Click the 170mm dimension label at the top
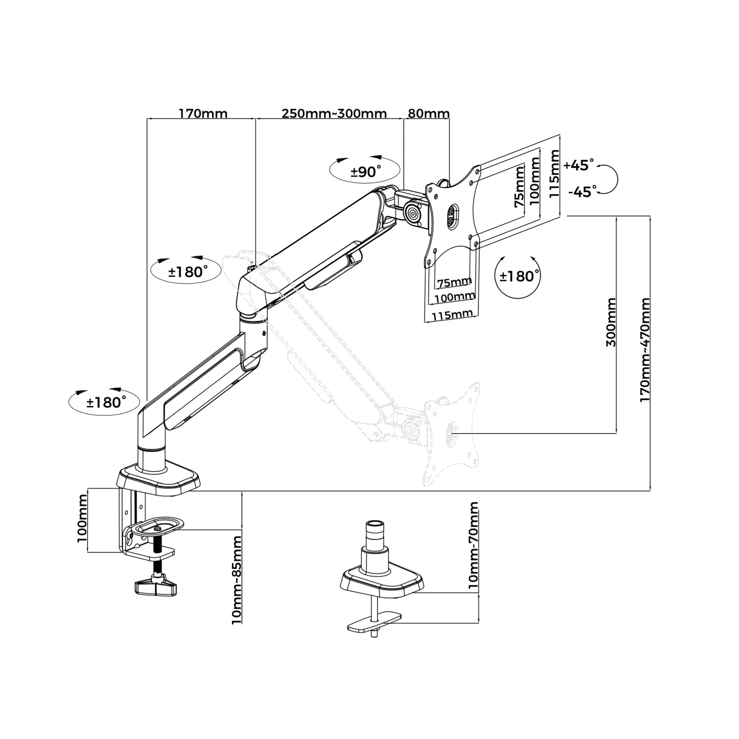pyautogui.click(x=203, y=113)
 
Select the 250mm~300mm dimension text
pyautogui.click(x=334, y=113)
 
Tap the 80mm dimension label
pyautogui.click(x=428, y=113)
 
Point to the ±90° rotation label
pyautogui.click(x=366, y=172)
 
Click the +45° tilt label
pyautogui.click(x=579, y=165)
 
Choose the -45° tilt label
pyautogui.click(x=582, y=192)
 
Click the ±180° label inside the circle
pyautogui.click(x=519, y=276)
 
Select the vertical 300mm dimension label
pyautogui.click(x=611, y=323)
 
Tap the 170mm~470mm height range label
pyautogui.click(x=645, y=350)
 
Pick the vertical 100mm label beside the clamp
pyautogui.click(x=82, y=518)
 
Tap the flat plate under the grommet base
pyautogui.click(x=374, y=627)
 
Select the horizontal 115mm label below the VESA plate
pyautogui.click(x=452, y=315)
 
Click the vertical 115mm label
pyautogui.click(x=554, y=174)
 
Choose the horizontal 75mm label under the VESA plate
pyautogui.click(x=454, y=283)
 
